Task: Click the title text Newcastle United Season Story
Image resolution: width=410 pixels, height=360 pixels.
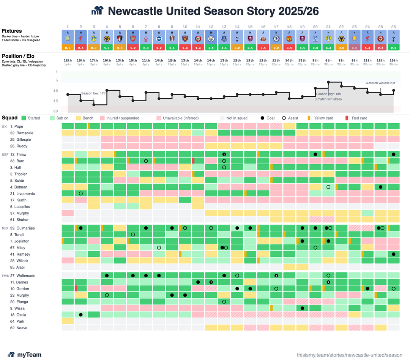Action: pos(213,11)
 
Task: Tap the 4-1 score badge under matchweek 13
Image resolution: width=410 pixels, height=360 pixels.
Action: pos(224,48)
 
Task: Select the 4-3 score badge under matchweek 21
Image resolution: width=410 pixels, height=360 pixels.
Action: pos(328,48)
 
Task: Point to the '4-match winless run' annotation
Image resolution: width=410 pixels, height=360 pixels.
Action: pos(380,83)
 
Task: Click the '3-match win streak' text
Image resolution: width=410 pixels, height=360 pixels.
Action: pos(328,99)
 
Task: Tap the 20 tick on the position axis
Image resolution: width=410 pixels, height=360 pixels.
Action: pos(56,111)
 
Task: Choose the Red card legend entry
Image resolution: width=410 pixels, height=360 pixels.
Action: pos(359,118)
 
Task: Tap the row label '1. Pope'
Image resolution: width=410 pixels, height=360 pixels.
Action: pos(17,126)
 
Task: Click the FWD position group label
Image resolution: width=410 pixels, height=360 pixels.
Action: pos(5,276)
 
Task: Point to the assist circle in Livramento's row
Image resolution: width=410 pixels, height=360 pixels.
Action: pos(81,193)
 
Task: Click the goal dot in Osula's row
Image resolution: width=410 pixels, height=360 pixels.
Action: pos(81,315)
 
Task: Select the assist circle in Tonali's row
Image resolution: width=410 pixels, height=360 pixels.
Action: pos(133,234)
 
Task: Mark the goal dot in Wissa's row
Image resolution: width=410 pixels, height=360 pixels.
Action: pos(302,308)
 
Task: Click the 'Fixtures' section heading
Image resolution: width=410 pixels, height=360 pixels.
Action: pos(12,31)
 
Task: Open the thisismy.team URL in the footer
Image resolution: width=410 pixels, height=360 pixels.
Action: pos(349,355)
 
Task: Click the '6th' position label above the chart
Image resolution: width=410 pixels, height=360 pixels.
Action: pos(328,61)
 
